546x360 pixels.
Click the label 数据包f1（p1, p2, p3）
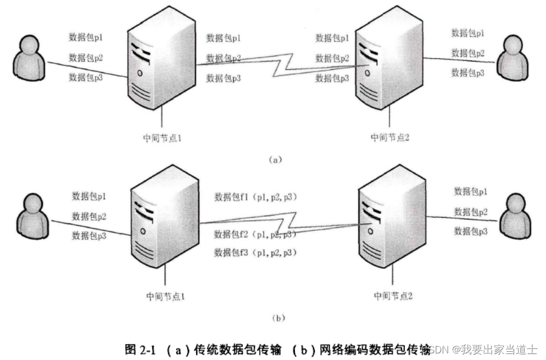click(x=255, y=196)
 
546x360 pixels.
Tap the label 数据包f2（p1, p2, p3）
click(x=255, y=235)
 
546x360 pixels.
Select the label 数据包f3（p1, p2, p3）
click(x=255, y=253)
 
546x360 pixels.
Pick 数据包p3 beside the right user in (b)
click(x=471, y=231)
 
